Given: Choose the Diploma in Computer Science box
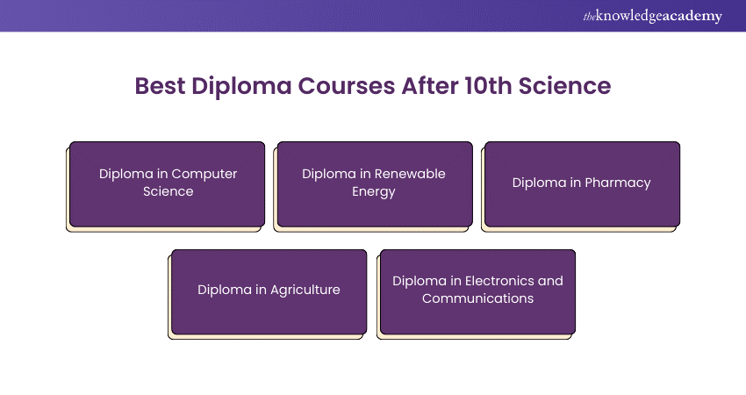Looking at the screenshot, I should click(x=168, y=183).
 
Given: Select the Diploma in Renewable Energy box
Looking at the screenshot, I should click(x=374, y=183).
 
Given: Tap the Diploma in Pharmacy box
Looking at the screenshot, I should click(x=582, y=183).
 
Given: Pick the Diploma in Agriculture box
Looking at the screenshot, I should click(x=269, y=291).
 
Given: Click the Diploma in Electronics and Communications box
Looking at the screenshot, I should click(x=477, y=291).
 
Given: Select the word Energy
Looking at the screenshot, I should click(x=374, y=191).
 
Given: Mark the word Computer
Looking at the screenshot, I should click(x=204, y=174).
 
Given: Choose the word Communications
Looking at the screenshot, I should click(x=477, y=298).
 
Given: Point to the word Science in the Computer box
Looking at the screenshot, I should click(x=169, y=191).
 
